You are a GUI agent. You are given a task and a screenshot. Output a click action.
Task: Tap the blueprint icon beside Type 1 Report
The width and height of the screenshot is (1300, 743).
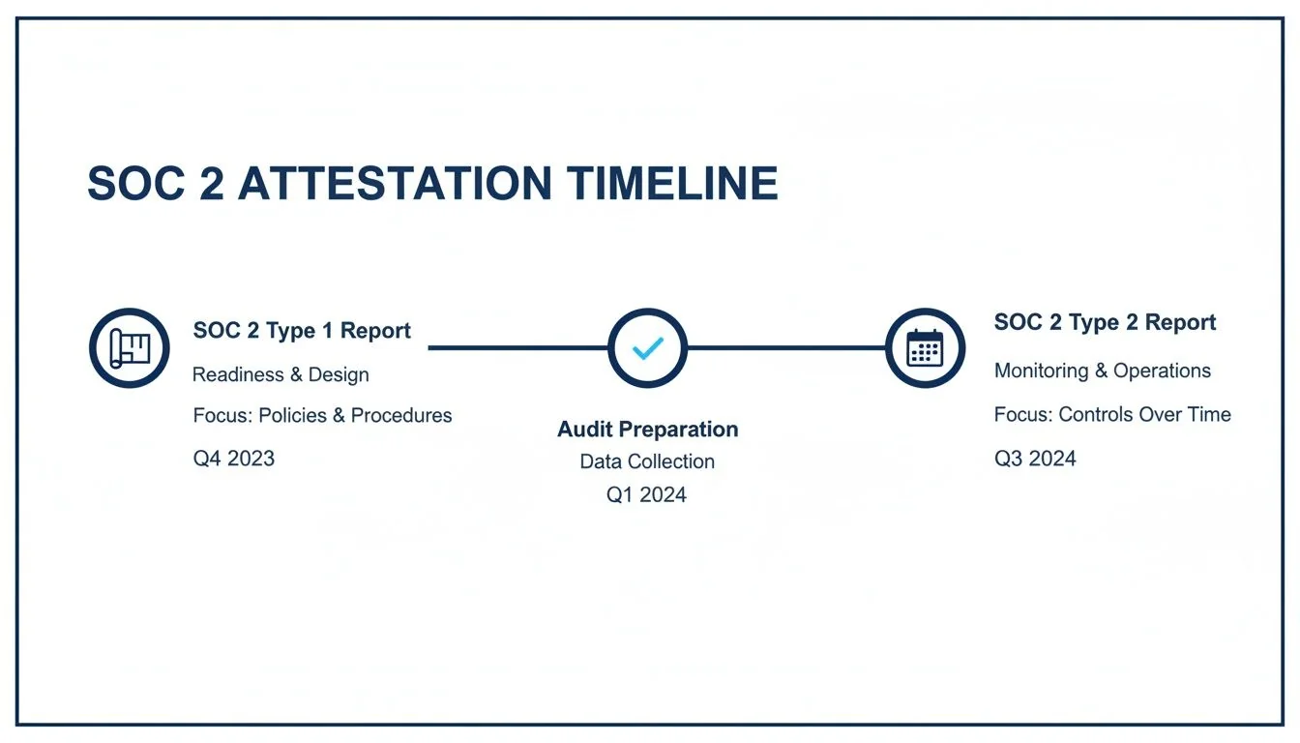tap(130, 348)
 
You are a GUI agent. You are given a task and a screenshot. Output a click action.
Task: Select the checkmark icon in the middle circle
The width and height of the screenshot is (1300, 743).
tap(647, 348)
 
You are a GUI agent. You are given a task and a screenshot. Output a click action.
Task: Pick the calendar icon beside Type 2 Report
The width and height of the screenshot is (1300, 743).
tap(925, 348)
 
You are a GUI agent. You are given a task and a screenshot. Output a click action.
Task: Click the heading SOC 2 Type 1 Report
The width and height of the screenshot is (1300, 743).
tap(302, 331)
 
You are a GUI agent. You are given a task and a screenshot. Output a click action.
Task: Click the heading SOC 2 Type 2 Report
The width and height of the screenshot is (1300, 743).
tap(1105, 323)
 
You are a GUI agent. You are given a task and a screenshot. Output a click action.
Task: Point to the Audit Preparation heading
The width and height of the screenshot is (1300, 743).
tap(647, 430)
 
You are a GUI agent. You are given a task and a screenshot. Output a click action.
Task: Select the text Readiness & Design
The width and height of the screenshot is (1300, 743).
tap(281, 374)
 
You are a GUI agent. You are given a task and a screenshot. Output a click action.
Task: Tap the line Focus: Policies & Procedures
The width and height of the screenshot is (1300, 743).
tap(322, 416)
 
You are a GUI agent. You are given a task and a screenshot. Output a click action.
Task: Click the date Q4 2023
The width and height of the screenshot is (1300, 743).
tap(234, 459)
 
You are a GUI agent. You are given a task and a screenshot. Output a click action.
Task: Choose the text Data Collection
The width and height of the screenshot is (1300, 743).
tap(647, 461)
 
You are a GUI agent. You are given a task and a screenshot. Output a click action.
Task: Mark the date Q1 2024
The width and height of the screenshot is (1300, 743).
tap(647, 495)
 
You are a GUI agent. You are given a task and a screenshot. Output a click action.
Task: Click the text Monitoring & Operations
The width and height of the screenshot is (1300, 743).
tap(1102, 371)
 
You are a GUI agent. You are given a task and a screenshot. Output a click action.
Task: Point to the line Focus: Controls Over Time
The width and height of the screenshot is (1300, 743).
tap(1112, 415)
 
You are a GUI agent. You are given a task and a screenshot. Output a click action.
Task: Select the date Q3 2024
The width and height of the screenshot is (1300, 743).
tap(1035, 459)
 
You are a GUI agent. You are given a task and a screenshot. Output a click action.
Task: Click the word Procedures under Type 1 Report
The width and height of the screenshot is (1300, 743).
tap(401, 416)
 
